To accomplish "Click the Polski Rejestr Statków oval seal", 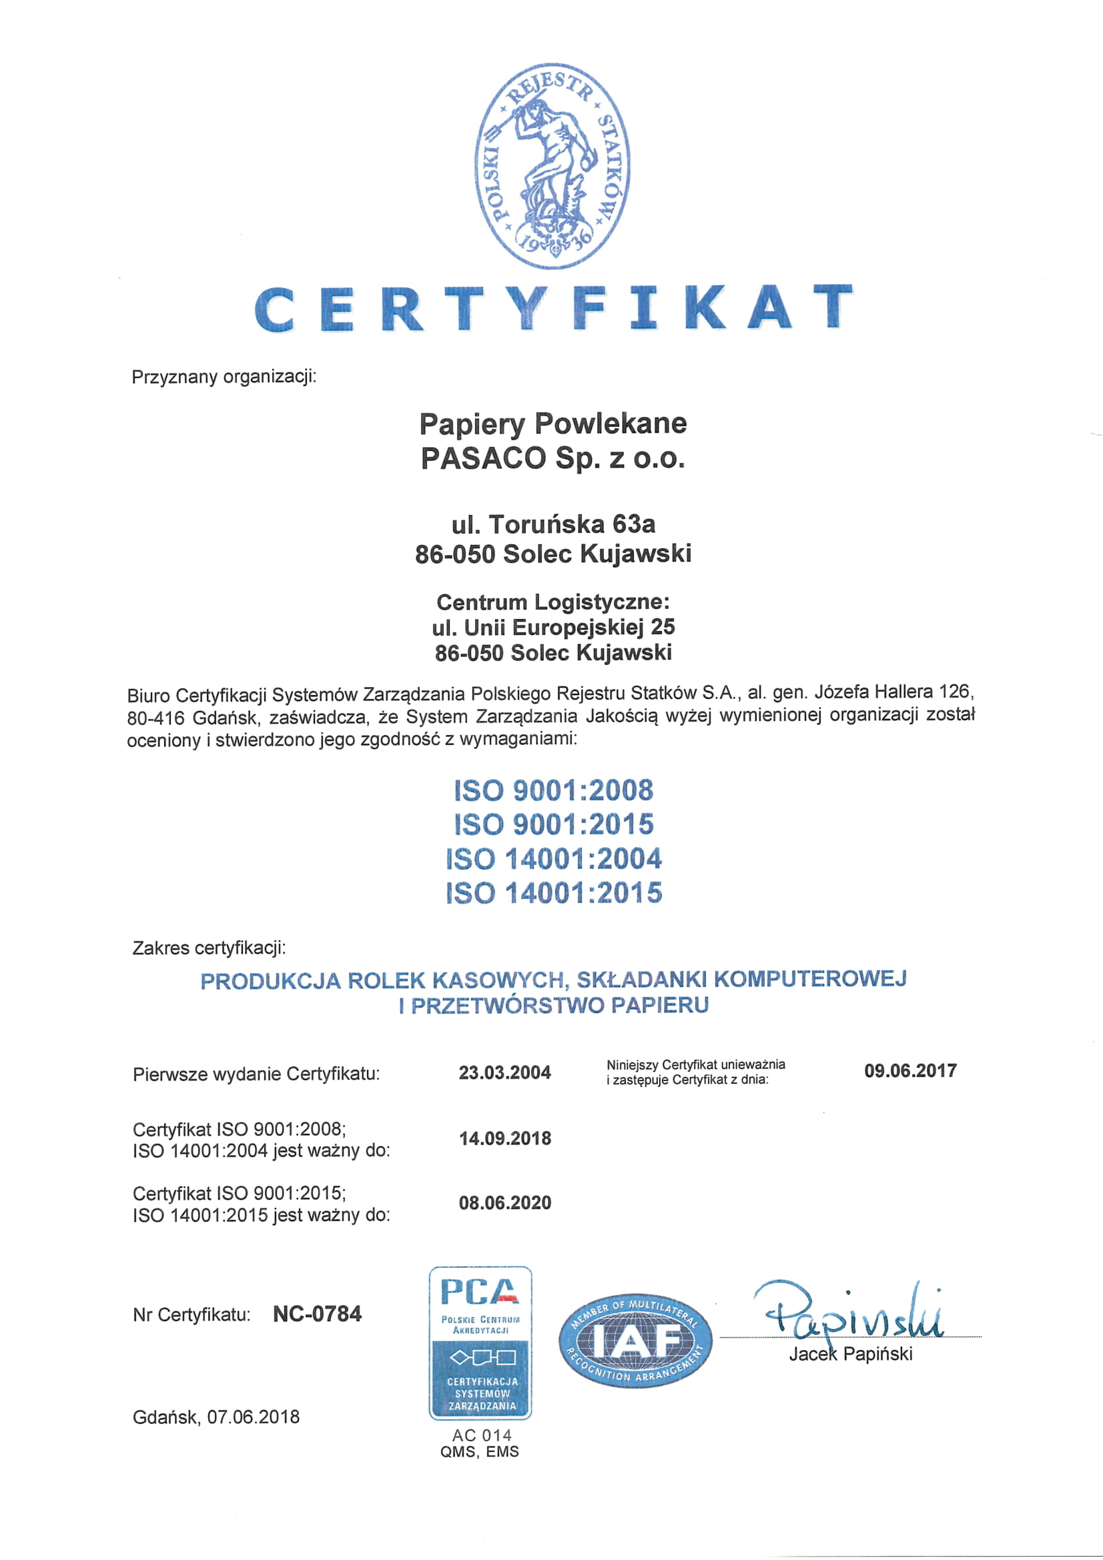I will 552,167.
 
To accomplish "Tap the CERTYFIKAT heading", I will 553,309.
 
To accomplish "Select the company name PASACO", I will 483,459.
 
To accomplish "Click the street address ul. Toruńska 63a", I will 553,524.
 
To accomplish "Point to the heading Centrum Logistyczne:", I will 553,602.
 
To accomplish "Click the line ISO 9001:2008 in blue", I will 553,790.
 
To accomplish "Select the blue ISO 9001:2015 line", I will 553,824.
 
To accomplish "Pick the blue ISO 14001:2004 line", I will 553,858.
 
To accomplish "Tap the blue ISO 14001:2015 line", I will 553,892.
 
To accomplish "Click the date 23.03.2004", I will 504,1073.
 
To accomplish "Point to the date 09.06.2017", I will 910,1072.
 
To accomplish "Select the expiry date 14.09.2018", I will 504,1138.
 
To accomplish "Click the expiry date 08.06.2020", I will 504,1203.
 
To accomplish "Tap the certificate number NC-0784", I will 317,1314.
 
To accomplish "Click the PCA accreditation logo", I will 480,1343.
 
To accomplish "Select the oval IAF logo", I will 635,1341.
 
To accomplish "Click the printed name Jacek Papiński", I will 850,1354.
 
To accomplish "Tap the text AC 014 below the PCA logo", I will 481,1435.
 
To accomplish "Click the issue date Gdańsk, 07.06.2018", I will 216,1417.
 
